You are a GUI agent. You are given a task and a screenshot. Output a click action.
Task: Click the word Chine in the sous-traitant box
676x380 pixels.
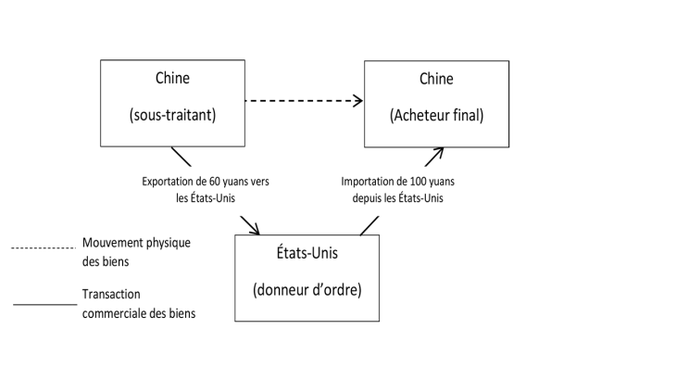(x=172, y=80)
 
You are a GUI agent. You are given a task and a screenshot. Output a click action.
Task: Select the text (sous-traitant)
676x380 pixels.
(x=172, y=116)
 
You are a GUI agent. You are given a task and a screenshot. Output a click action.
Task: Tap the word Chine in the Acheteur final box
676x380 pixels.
(x=436, y=80)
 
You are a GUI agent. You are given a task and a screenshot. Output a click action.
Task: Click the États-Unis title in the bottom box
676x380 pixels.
(x=307, y=252)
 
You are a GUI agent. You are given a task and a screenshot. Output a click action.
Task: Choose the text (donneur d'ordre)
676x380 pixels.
(x=307, y=289)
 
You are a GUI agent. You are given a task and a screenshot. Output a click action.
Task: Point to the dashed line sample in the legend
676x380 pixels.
(x=42, y=247)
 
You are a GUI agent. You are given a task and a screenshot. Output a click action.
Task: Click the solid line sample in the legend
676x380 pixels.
(x=44, y=304)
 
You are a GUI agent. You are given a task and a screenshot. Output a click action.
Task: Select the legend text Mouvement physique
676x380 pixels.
(x=136, y=243)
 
